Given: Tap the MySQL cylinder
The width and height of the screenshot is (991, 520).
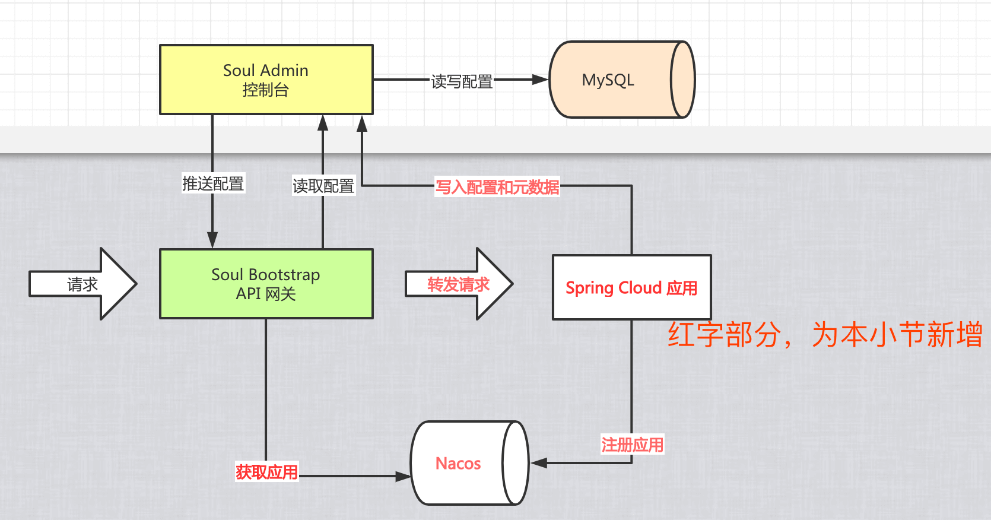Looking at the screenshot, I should coord(611,80).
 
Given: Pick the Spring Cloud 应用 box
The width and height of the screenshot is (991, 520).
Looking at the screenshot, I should coord(631,288).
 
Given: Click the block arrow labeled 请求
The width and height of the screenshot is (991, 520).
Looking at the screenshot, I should coord(83,284).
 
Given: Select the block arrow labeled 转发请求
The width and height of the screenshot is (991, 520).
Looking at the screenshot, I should coord(458,284).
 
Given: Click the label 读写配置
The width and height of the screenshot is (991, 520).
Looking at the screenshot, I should coord(462,81).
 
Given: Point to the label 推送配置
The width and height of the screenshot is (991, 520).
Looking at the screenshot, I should coord(213,183).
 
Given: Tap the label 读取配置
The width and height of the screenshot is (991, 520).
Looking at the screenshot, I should coord(323,186).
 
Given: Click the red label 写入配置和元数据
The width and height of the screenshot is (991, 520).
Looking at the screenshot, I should coord(497,188).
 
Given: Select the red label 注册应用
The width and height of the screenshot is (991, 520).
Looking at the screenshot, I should coord(632,445).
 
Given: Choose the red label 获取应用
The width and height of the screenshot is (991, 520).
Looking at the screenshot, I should coord(266,472).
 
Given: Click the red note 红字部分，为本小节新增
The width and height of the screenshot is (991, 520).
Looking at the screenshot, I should coord(825,335).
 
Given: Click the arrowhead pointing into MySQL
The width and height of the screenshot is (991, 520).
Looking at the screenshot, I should coord(541,80).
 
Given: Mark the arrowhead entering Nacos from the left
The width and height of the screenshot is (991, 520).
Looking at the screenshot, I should coord(404,476).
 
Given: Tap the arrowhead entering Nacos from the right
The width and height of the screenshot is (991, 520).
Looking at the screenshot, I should coord(538,463).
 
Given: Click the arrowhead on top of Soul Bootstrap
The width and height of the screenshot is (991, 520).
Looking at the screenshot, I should coord(212,240).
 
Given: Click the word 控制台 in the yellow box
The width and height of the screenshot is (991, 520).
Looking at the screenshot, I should coord(265,90).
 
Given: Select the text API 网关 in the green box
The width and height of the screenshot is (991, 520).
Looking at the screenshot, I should coord(265,294).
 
